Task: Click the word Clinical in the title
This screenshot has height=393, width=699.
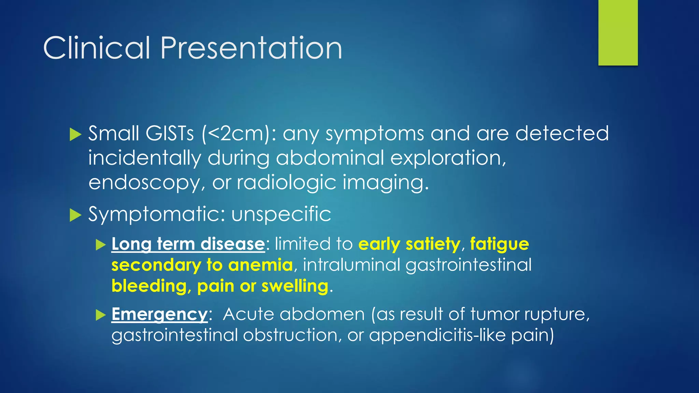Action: [x=97, y=48]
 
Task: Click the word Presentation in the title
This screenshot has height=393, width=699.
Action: [x=251, y=48]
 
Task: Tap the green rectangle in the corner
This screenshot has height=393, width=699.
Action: [x=618, y=32]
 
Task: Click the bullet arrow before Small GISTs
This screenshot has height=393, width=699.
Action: [x=75, y=134]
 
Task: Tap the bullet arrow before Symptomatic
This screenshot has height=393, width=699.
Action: [x=75, y=215]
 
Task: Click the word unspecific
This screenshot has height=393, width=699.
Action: [x=281, y=214]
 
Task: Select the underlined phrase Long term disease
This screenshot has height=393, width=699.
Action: [x=188, y=244]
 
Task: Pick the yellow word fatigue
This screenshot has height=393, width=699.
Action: [x=499, y=244]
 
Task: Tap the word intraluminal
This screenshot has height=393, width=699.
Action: [x=351, y=265]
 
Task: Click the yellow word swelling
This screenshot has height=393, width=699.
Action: [x=295, y=286]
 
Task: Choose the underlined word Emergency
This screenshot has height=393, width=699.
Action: [x=159, y=314]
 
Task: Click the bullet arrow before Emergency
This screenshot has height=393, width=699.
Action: [x=101, y=315]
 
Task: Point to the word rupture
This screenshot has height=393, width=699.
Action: [x=556, y=314]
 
